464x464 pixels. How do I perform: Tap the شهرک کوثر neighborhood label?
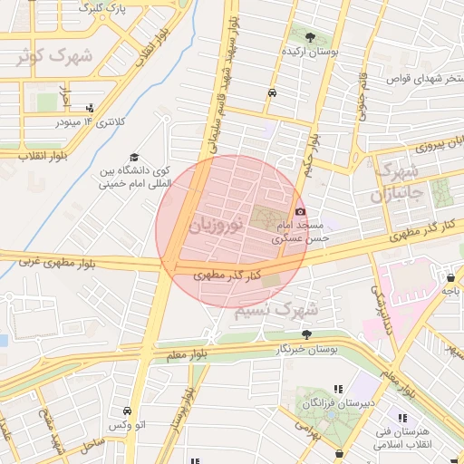click(x=53, y=56)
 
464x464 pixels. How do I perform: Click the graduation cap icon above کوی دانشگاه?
click(x=135, y=157)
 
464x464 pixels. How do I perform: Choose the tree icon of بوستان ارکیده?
click(x=311, y=38)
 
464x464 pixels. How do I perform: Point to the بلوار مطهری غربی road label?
click(x=59, y=263)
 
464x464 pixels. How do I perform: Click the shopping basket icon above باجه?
click(x=450, y=277)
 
